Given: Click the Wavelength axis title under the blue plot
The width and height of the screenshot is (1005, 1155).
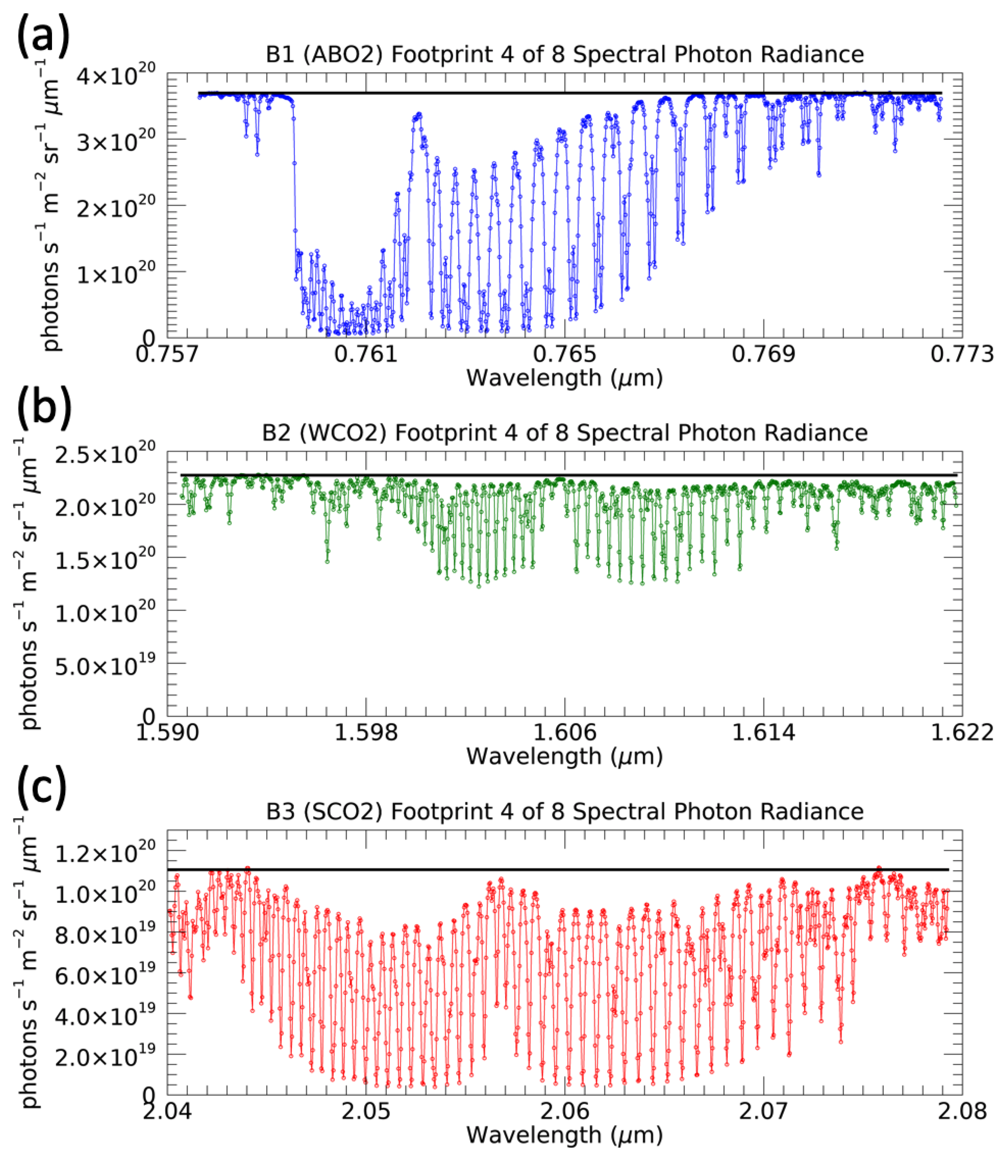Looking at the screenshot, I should click(564, 378).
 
